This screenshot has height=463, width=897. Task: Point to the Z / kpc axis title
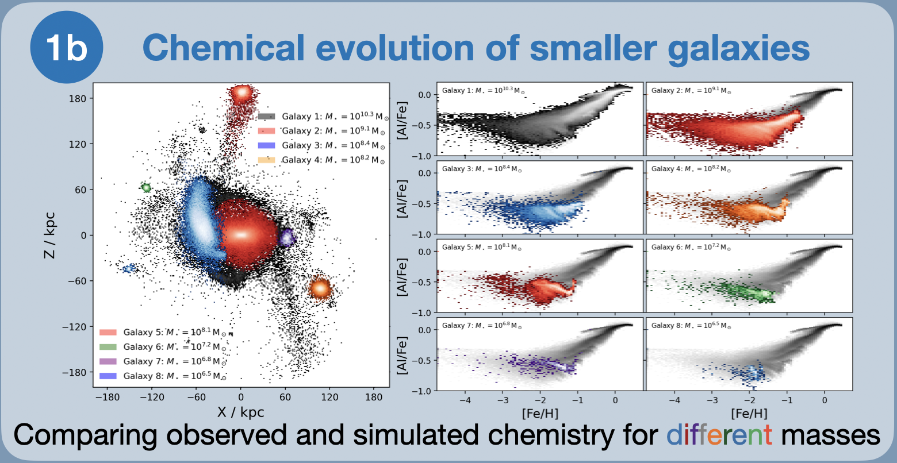coord(51,236)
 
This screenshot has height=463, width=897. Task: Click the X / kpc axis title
coord(240,412)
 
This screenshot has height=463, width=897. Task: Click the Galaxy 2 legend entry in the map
coord(323,131)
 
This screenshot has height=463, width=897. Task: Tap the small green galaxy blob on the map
coord(146,188)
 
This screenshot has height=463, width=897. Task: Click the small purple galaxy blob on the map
coord(286,237)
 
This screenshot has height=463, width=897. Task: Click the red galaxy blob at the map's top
coord(241,92)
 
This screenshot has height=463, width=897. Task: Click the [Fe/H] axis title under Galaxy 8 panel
coord(749,413)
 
